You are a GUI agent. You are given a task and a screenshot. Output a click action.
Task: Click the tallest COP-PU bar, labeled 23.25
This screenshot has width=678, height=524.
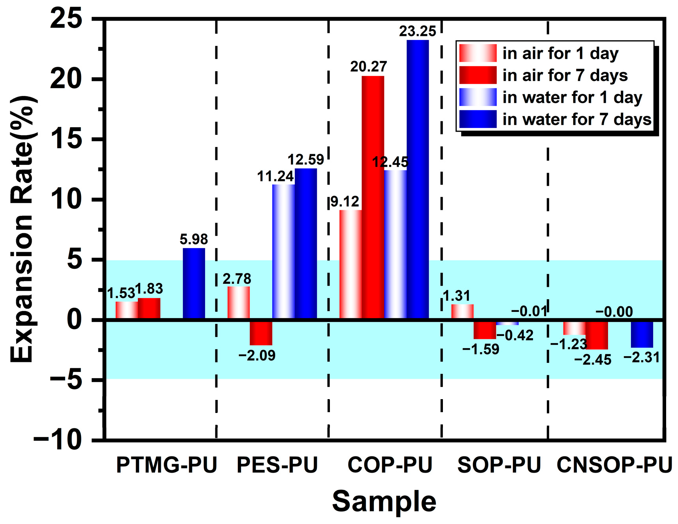[x=418, y=178]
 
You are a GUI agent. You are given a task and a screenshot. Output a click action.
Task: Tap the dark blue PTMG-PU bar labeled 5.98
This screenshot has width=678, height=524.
[x=194, y=283]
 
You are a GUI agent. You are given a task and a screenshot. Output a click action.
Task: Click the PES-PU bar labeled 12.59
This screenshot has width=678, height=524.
[x=306, y=243]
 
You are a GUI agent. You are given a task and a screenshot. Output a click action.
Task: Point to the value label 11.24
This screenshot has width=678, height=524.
[x=275, y=176]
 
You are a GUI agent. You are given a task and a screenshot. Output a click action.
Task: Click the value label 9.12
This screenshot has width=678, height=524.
[x=345, y=202]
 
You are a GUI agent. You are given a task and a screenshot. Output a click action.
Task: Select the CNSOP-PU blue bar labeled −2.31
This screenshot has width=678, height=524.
[x=642, y=334]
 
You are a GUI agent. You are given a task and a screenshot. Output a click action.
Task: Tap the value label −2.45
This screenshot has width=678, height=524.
[x=593, y=360]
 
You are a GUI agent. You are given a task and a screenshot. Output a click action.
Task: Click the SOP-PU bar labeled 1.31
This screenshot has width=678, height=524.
[x=462, y=311]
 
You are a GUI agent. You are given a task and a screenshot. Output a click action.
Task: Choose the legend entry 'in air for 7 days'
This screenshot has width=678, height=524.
[x=565, y=75]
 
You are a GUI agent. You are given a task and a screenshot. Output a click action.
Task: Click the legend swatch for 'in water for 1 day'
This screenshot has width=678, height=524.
[x=478, y=97]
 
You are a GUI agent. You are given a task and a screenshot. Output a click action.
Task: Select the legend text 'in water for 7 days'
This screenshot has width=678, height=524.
[x=576, y=119]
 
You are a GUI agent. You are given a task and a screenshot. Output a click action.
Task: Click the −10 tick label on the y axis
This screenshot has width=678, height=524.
[x=58, y=440]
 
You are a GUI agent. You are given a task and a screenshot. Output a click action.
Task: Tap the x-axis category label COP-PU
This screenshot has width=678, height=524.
[x=390, y=465]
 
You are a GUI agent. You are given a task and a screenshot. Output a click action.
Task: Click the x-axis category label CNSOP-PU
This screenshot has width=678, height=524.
[x=614, y=465]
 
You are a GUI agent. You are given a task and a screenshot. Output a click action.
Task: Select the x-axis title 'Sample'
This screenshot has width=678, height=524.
[x=384, y=501]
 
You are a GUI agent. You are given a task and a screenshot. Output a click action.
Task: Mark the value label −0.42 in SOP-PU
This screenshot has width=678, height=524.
[x=515, y=336]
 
